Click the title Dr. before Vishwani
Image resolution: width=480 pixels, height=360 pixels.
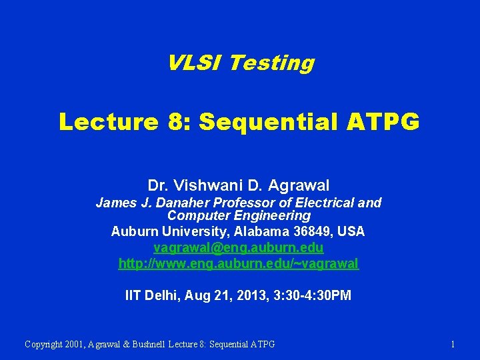(x=158, y=185)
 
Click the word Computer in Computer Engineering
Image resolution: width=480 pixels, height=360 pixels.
(x=195, y=215)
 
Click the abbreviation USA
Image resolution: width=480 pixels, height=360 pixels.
(x=351, y=231)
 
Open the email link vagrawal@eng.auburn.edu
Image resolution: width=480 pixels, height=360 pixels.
(x=239, y=247)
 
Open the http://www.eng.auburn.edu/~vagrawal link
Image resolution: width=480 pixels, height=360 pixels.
(x=239, y=263)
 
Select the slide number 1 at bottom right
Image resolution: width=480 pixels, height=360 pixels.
(x=453, y=344)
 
